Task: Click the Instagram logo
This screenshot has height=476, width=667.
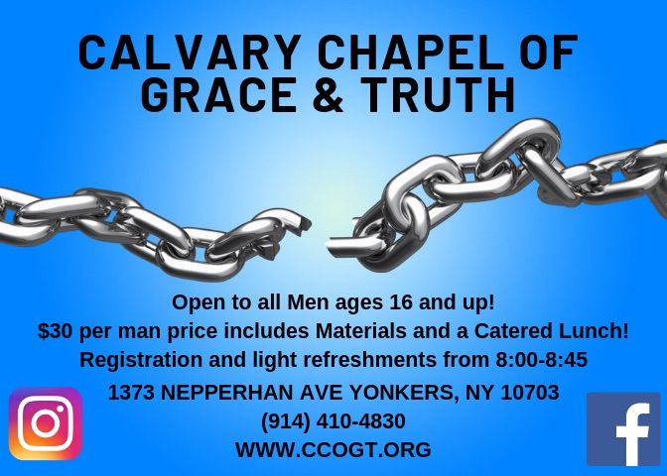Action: point(46,423)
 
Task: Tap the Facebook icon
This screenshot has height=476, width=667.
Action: point(623,429)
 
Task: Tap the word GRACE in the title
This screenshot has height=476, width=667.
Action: point(218,95)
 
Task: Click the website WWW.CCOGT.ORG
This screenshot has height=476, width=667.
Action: point(333,450)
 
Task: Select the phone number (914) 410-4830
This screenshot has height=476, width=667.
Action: point(333,421)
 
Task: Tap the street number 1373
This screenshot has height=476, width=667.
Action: point(131,393)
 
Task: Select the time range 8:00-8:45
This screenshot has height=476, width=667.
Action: point(541,360)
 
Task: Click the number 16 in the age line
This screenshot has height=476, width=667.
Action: point(401,302)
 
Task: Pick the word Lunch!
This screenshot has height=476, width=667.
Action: point(593,331)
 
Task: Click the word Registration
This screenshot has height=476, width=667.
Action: point(141,361)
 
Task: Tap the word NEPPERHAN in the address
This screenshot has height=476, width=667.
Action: point(228,393)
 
